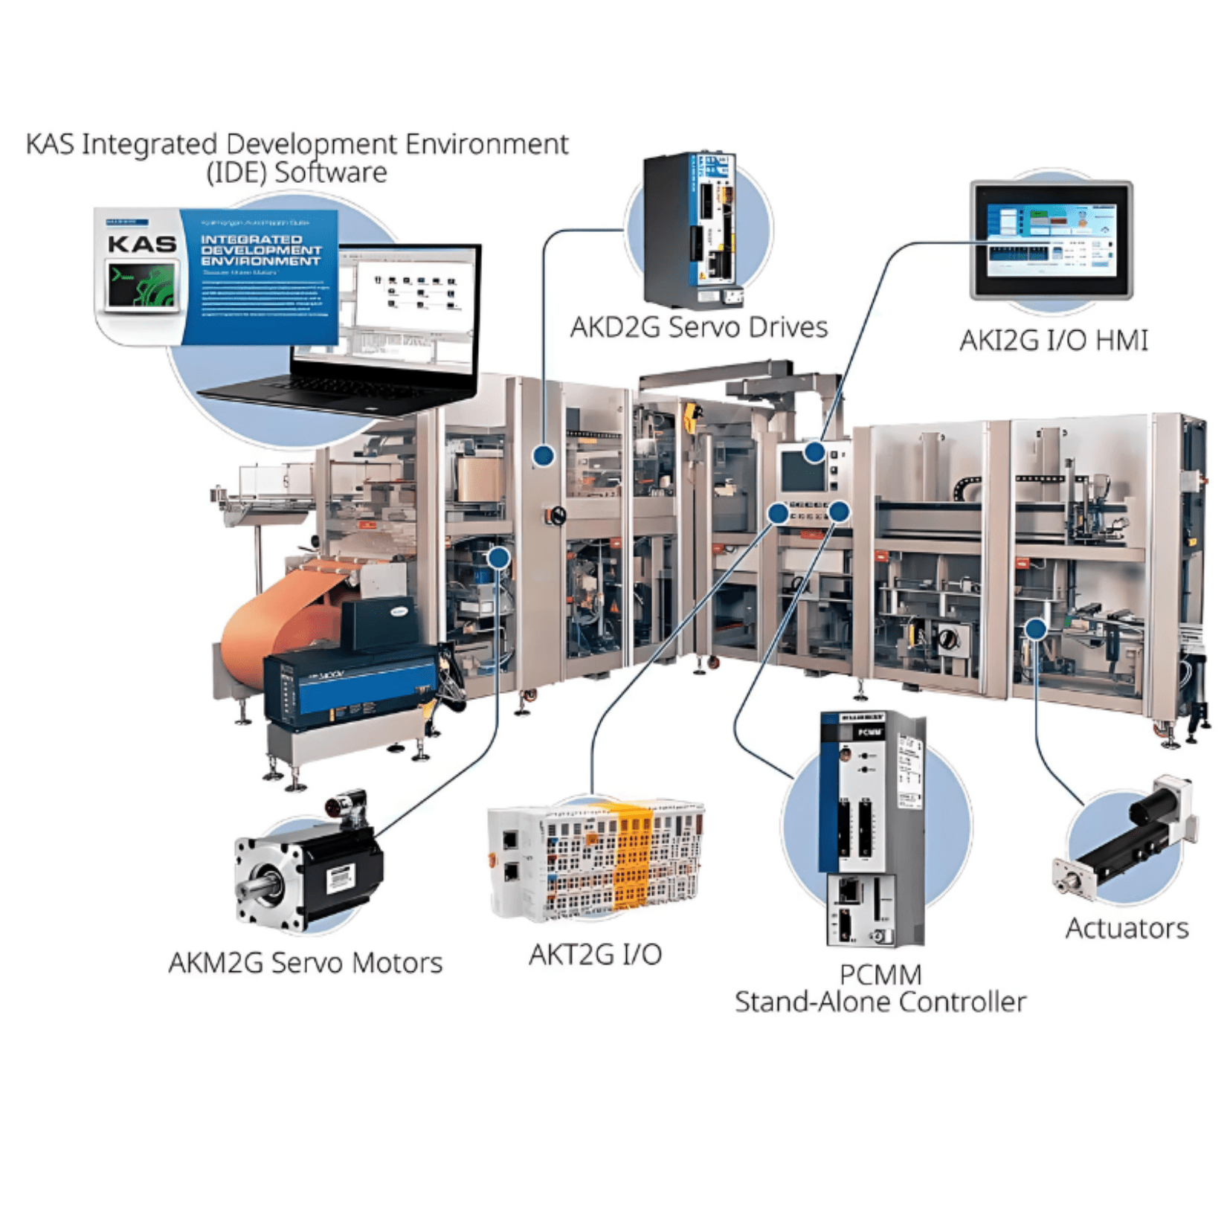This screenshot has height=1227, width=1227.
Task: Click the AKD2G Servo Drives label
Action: click(x=698, y=327)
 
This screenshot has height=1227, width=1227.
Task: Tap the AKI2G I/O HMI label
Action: click(x=1054, y=341)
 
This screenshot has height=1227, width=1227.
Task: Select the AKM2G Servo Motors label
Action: click(x=305, y=963)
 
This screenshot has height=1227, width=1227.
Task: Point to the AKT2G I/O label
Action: click(x=595, y=954)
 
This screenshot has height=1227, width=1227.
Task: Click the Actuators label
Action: click(x=1127, y=929)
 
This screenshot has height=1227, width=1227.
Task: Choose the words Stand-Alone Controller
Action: click(x=880, y=1002)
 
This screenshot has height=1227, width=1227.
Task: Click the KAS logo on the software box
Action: click(x=141, y=244)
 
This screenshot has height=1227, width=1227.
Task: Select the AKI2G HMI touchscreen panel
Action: click(x=1051, y=240)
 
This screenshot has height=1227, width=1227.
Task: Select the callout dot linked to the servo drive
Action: click(x=544, y=456)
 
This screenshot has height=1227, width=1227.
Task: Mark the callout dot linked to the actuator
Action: click(x=1035, y=629)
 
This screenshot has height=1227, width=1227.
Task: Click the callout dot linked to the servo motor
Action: click(x=498, y=558)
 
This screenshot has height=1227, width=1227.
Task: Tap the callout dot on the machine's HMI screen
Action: click(x=815, y=451)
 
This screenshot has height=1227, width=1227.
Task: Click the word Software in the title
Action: click(x=330, y=173)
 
